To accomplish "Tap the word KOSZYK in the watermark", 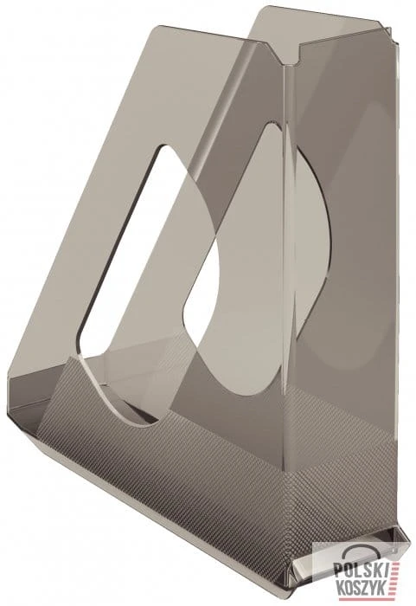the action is (360, 588).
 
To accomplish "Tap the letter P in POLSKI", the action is (338, 569).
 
